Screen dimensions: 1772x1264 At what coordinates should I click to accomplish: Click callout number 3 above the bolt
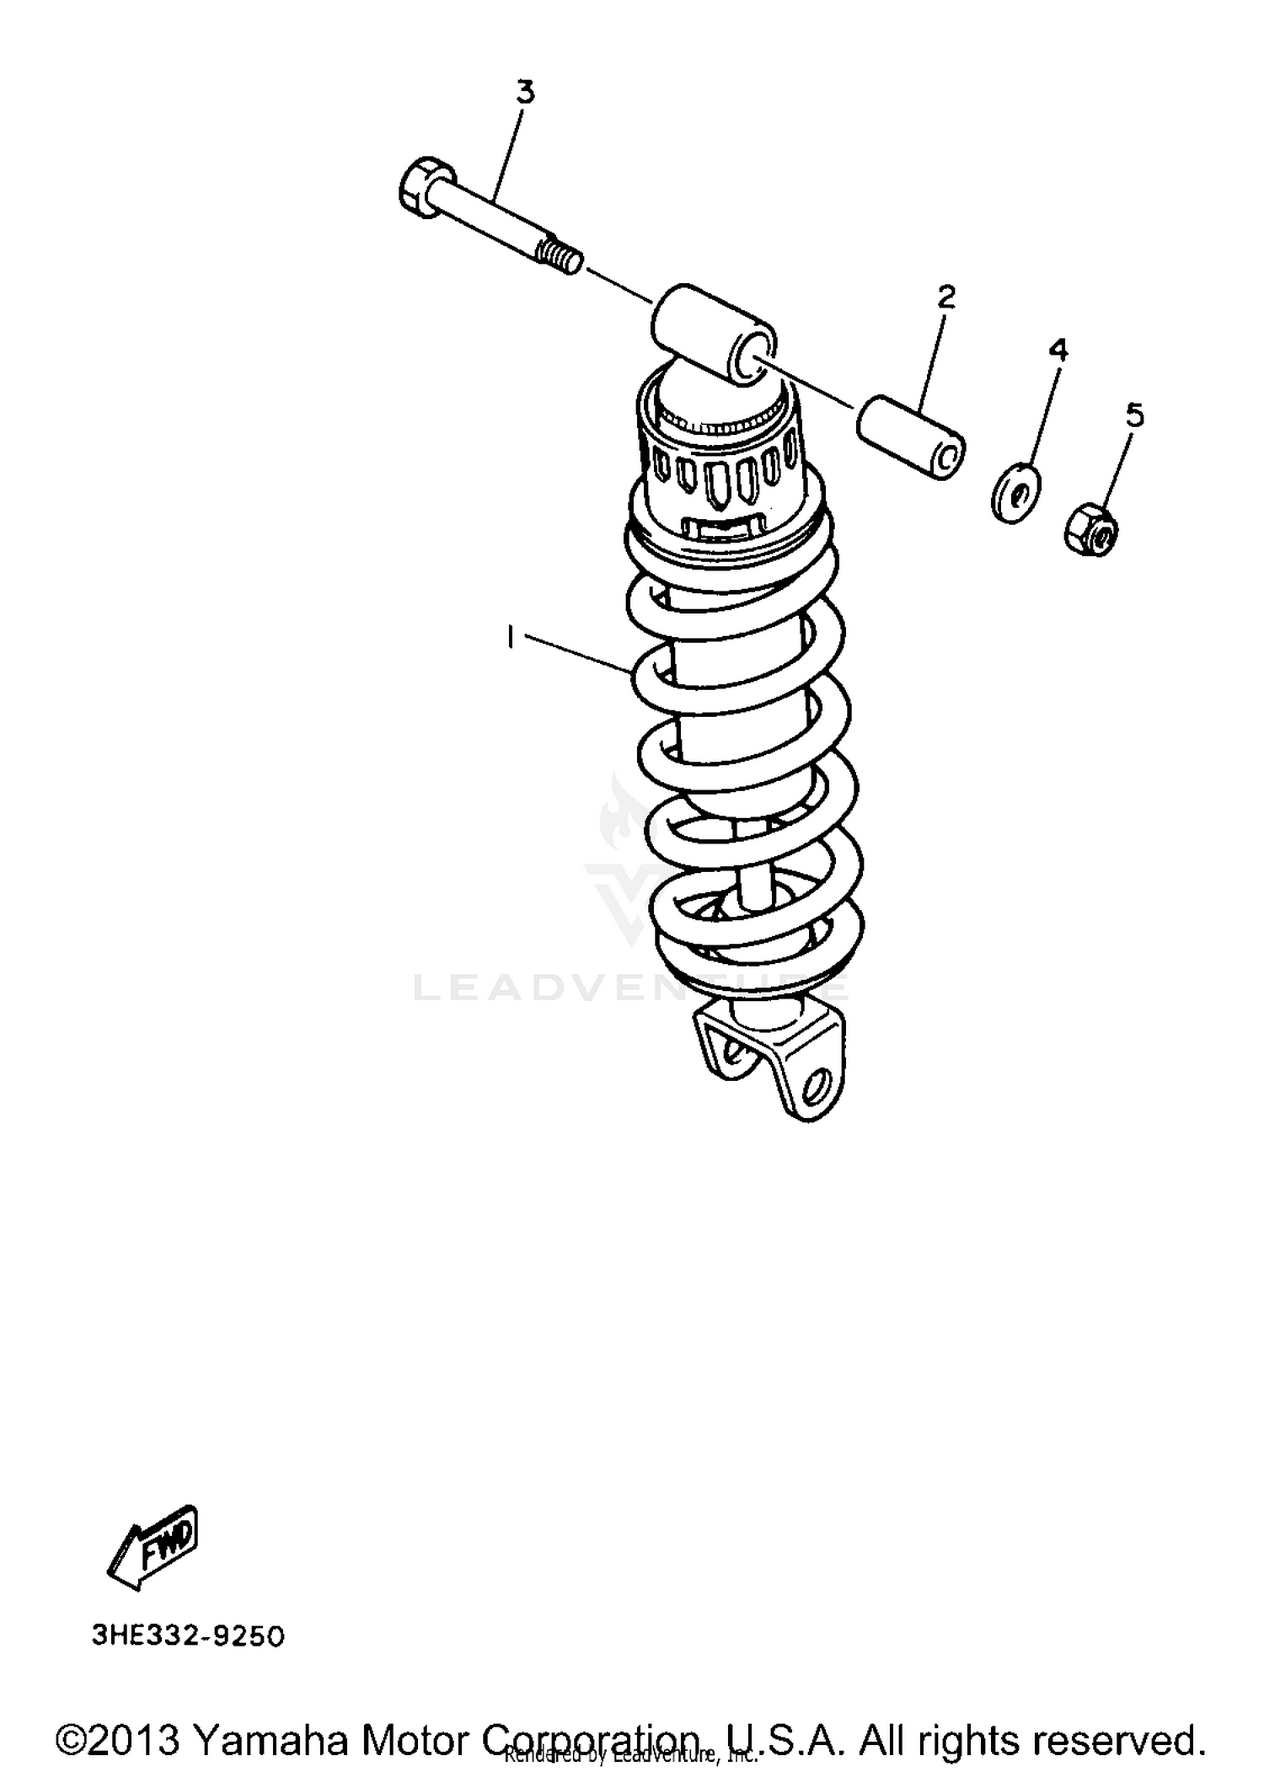click(x=525, y=92)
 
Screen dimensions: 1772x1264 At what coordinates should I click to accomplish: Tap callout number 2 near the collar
click(x=946, y=297)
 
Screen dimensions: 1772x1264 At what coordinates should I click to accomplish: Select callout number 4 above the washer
click(x=1058, y=349)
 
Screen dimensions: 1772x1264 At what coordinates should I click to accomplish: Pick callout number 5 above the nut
click(x=1135, y=415)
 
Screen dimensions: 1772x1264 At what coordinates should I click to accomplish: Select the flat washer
click(x=1015, y=490)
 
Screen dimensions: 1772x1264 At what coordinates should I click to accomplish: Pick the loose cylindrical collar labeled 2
click(x=911, y=436)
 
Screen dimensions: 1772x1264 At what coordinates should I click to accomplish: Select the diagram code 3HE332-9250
click(x=188, y=1636)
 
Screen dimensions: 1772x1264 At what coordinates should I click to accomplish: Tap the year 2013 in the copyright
click(x=130, y=1739)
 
